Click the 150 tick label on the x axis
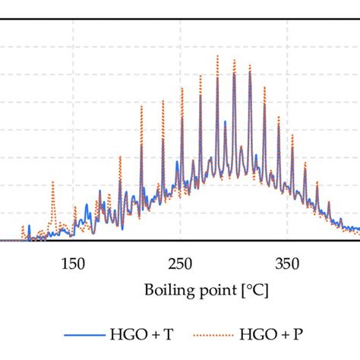(72, 264)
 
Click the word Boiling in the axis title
(163, 290)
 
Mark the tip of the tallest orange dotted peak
(217, 56)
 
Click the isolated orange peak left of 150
(52, 183)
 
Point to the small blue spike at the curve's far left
(29, 226)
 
